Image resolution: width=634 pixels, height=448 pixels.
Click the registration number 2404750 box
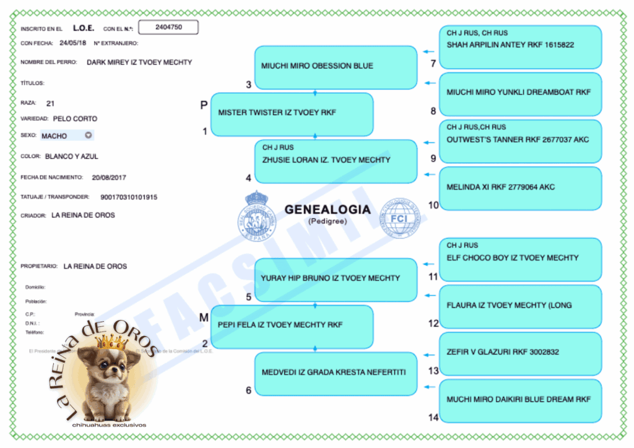pyautogui.click(x=168, y=27)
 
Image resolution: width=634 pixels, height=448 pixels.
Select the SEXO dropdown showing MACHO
pyautogui.click(x=67, y=136)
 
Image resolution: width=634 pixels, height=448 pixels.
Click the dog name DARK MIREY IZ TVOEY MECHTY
pyautogui.click(x=139, y=62)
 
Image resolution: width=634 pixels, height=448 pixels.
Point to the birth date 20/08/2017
pyautogui.click(x=109, y=178)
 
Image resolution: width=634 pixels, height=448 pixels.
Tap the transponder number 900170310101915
pyautogui.click(x=129, y=197)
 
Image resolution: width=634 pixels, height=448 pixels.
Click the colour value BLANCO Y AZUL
pyautogui.click(x=71, y=157)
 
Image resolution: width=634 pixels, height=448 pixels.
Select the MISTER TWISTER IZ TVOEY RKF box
pyautogui.click(x=292, y=114)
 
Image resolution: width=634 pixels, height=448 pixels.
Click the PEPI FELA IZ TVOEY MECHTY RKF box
pyautogui.click(x=292, y=326)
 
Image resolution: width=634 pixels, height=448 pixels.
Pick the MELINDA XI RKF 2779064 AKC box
pyautogui.click(x=520, y=187)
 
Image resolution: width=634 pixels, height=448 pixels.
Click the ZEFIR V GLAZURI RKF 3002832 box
pyautogui.click(x=520, y=353)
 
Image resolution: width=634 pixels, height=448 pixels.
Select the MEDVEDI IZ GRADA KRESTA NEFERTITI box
pyautogui.click(x=336, y=373)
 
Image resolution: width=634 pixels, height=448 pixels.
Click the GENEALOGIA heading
pyautogui.click(x=328, y=210)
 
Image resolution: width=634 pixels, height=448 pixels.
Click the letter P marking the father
pyautogui.click(x=203, y=106)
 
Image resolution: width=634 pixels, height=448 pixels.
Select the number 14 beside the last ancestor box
pyautogui.click(x=433, y=418)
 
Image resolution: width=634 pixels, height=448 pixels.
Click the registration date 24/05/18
pyautogui.click(x=73, y=43)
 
